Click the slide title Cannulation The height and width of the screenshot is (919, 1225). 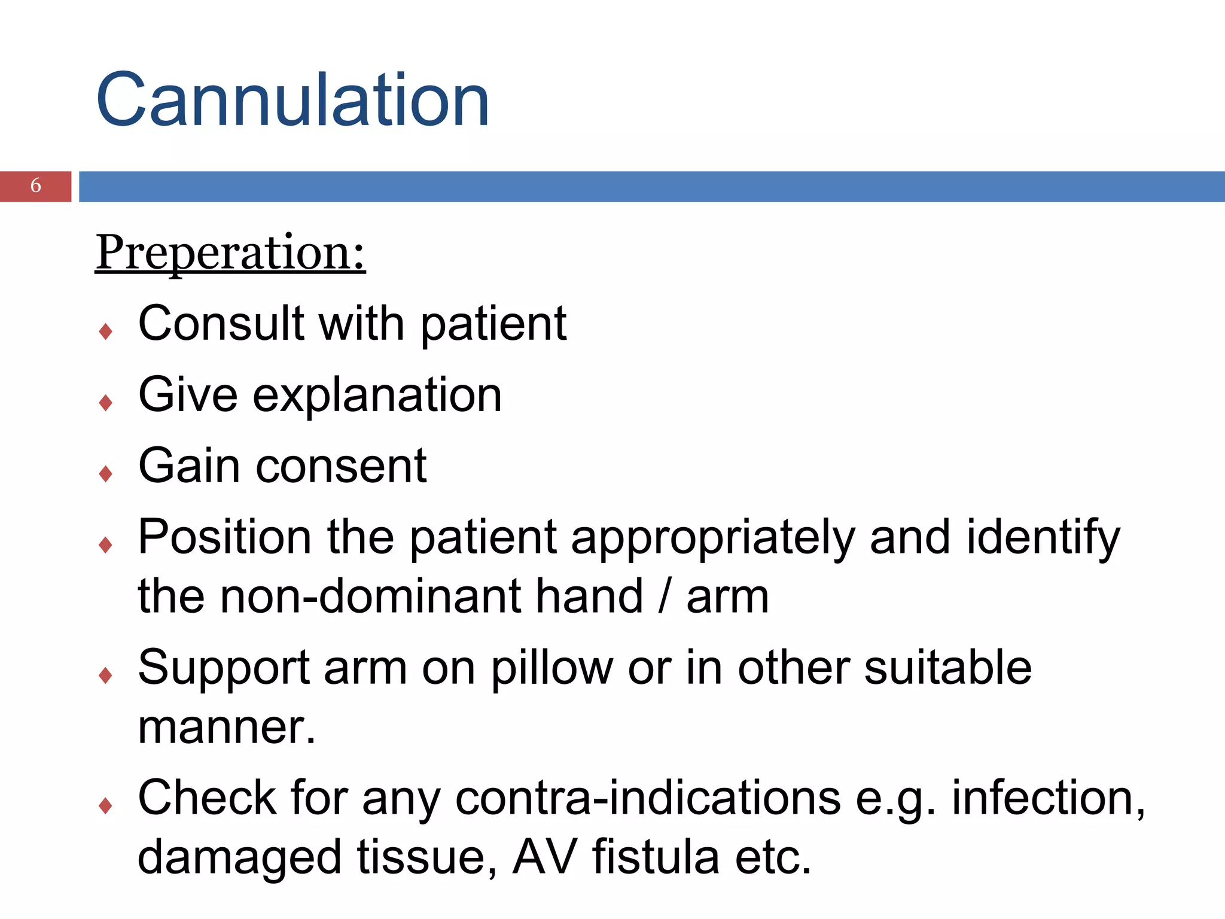tap(292, 100)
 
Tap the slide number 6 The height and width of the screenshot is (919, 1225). tap(36, 185)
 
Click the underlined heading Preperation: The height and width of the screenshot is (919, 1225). tap(230, 253)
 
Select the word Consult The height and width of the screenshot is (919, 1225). tap(221, 324)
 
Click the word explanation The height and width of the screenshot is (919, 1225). tap(377, 396)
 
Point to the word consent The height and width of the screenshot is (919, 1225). tap(341, 466)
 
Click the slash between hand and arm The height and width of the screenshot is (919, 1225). tap(664, 597)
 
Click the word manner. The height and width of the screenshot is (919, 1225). tap(226, 728)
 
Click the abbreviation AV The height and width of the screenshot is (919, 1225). tap(545, 857)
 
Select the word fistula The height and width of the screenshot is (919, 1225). tap(656, 857)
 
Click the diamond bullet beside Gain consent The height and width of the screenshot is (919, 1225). tap(106, 474)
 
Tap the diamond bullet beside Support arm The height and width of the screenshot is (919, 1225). tap(106, 676)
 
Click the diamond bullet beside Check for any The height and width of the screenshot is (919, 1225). tap(106, 807)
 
